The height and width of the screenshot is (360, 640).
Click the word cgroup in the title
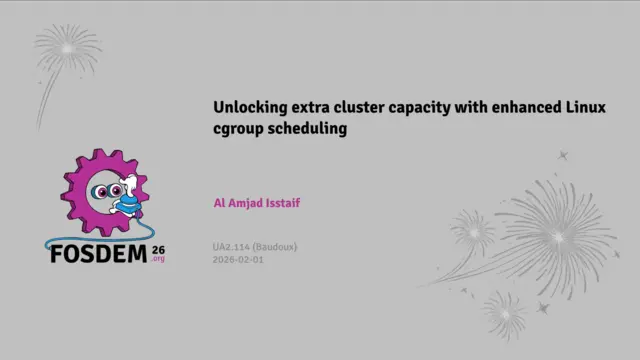[238, 129]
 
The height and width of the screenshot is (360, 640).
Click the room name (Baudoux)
[275, 246]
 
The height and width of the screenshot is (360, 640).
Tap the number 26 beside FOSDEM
[158, 247]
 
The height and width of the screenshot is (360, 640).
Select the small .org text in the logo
[158, 259]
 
